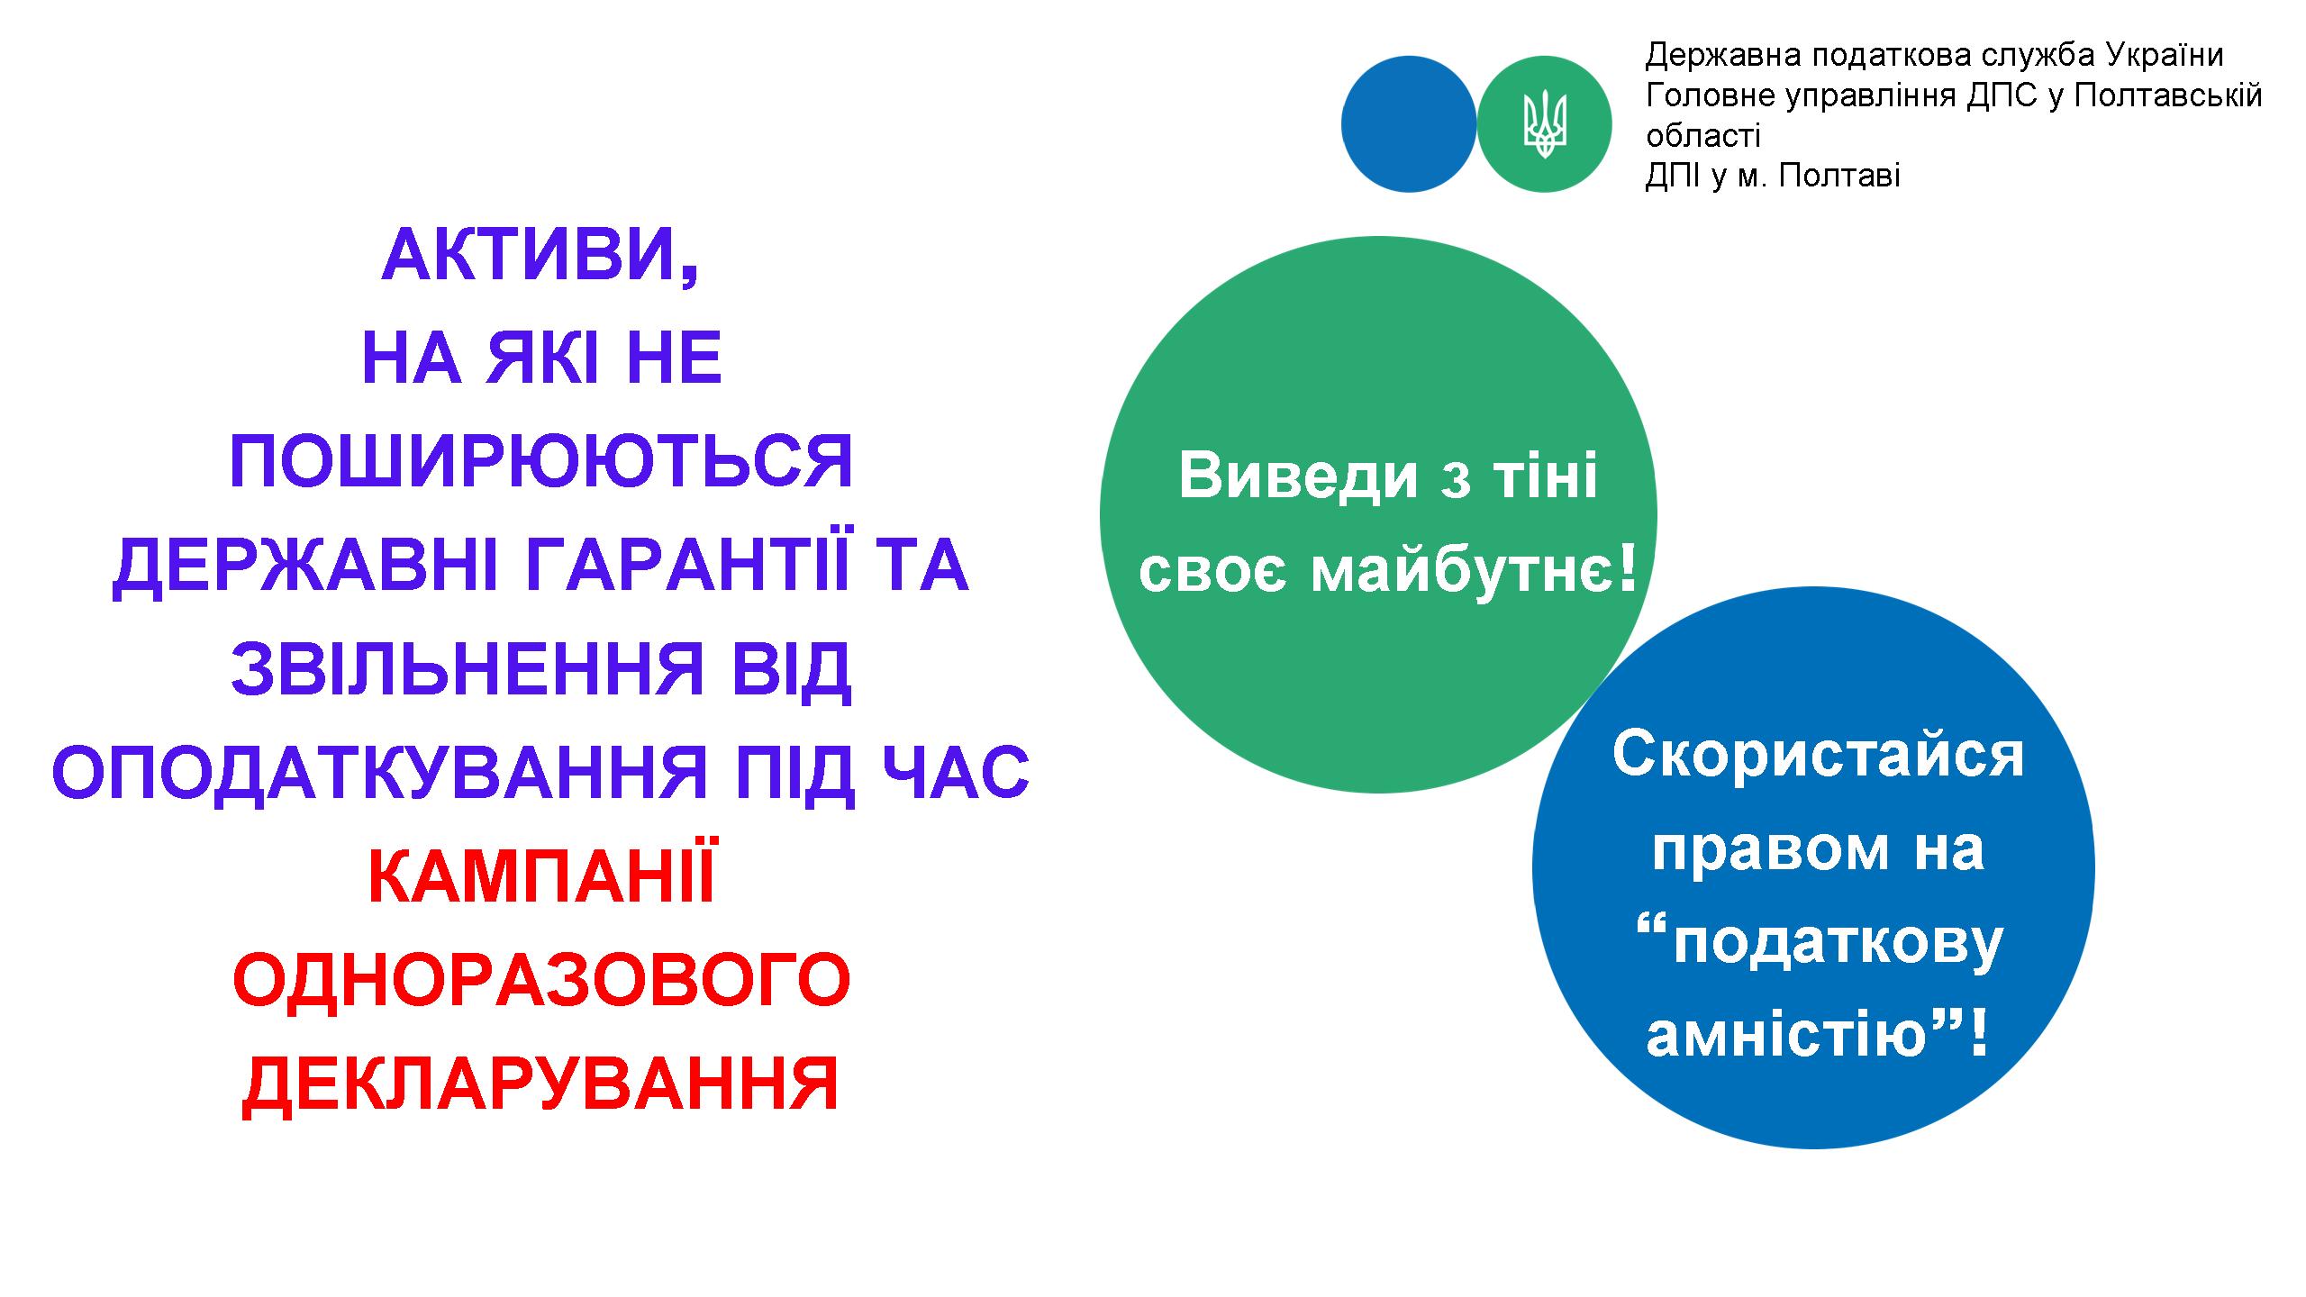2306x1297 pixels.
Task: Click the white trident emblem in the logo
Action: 1545,124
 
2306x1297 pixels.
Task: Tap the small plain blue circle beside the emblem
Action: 1409,124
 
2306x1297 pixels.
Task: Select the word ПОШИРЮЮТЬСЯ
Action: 540,462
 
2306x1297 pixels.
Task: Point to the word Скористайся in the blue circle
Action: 1818,754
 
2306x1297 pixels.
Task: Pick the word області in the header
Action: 1703,135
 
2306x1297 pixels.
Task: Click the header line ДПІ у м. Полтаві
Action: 1773,175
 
